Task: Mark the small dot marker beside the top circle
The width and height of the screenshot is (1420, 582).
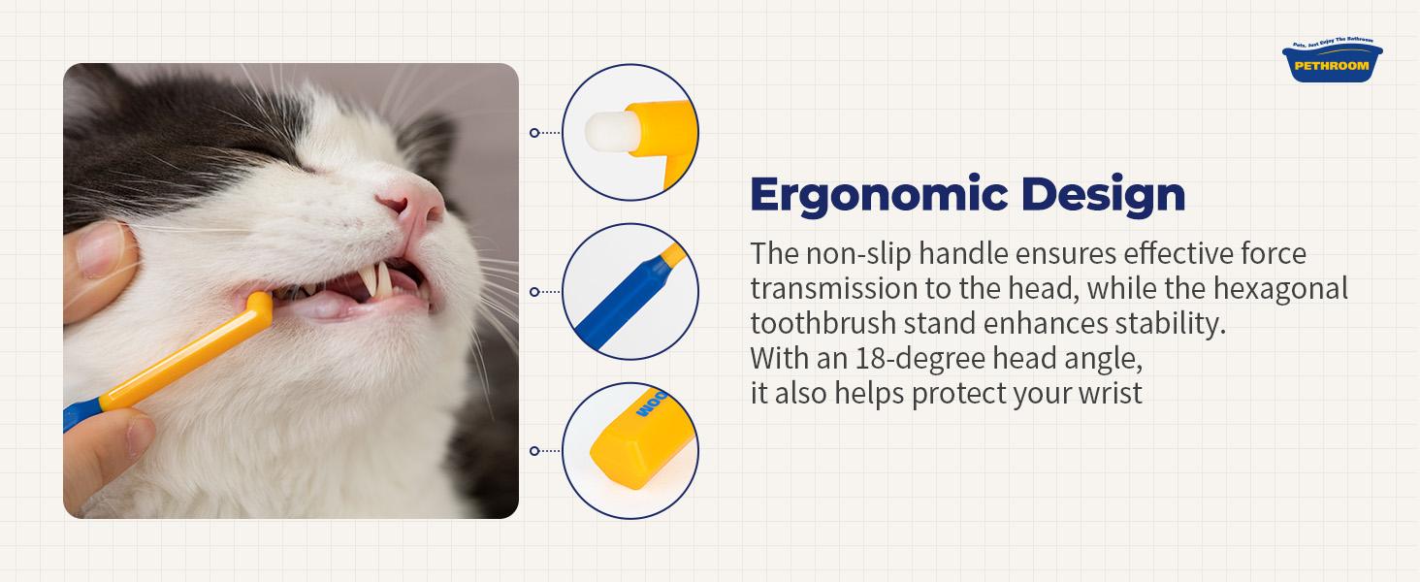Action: (534, 133)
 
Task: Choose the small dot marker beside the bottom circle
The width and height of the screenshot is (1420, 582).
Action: (534, 451)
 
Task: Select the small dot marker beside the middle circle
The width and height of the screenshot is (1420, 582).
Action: (534, 292)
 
